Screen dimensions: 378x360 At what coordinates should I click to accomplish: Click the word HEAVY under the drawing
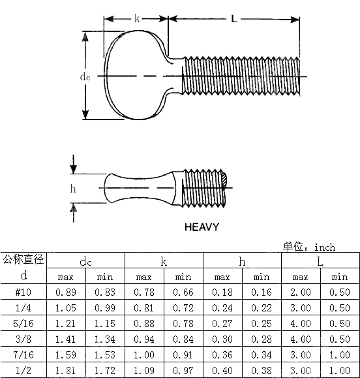pyautogui.click(x=201, y=227)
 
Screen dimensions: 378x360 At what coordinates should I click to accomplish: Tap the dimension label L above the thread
pyautogui.click(x=234, y=19)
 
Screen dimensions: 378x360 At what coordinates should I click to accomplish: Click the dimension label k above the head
pyautogui.click(x=137, y=19)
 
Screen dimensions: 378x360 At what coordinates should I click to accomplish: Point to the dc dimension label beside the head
pyautogui.click(x=85, y=76)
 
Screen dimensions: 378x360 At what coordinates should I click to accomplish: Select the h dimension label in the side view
pyautogui.click(x=73, y=189)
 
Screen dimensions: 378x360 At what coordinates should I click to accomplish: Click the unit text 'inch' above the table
pyautogui.click(x=324, y=247)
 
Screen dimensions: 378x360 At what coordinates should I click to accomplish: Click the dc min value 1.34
pyautogui.click(x=104, y=339)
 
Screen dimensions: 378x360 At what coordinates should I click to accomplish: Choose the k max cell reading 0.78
pyautogui.click(x=144, y=292)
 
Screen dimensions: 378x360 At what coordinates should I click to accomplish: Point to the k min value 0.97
pyautogui.click(x=183, y=370)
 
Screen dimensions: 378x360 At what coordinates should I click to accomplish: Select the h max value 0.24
pyautogui.click(x=222, y=307)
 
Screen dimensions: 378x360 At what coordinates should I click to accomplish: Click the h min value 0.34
pyautogui.click(x=262, y=354)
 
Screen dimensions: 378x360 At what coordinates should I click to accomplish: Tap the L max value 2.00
pyautogui.click(x=301, y=292)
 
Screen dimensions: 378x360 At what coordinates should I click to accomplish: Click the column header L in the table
pyautogui.click(x=320, y=261)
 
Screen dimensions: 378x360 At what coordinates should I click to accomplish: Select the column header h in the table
pyautogui.click(x=242, y=261)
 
